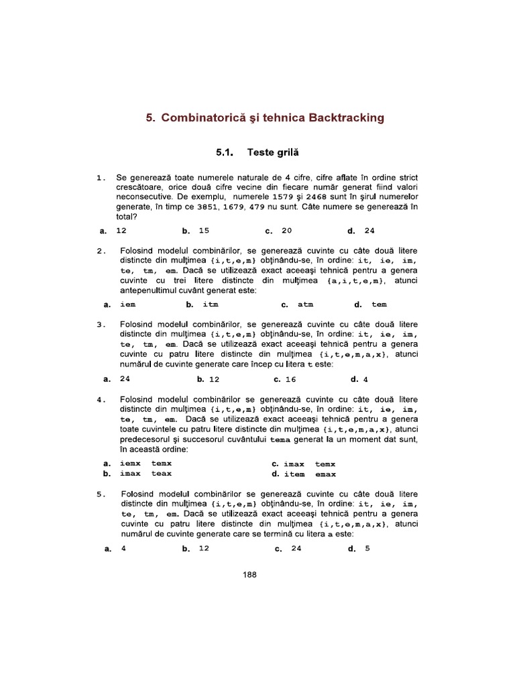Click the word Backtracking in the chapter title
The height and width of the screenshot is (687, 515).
tap(346, 117)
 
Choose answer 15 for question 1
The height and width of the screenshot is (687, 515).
tap(204, 231)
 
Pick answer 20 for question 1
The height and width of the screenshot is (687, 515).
tap(286, 231)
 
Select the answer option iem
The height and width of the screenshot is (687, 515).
tap(127, 304)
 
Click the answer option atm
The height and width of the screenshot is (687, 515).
tap(305, 304)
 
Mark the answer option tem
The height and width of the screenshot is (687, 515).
tap(379, 304)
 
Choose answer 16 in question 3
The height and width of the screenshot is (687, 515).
tap(290, 378)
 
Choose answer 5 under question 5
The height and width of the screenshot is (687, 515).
tap(367, 548)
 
